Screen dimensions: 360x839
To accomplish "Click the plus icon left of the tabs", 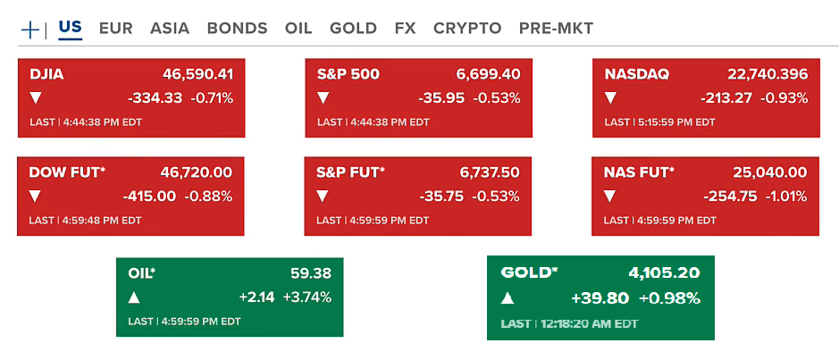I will tap(29, 29).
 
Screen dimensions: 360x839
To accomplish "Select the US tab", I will tap(70, 27).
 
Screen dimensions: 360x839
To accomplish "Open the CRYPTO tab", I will tap(467, 28).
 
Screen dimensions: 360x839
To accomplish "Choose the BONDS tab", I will tap(237, 28).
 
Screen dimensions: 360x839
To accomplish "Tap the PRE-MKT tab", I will tap(556, 28).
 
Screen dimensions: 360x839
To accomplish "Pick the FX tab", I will tap(405, 28).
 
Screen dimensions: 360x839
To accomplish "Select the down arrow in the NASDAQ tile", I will tap(611, 97).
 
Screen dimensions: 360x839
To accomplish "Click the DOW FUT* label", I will tap(67, 172).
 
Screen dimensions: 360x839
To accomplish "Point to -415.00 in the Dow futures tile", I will tap(149, 196).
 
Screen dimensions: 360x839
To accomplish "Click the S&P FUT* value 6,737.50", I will tap(482, 172).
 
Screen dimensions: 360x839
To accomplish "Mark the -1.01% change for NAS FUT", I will tap(787, 196).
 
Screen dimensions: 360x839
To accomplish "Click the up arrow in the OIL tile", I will tap(134, 297).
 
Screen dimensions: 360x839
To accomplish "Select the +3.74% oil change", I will tap(307, 297).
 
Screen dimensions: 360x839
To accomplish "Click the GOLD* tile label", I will tap(529, 272).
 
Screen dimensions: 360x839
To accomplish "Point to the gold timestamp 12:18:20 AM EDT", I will tap(588, 323).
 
